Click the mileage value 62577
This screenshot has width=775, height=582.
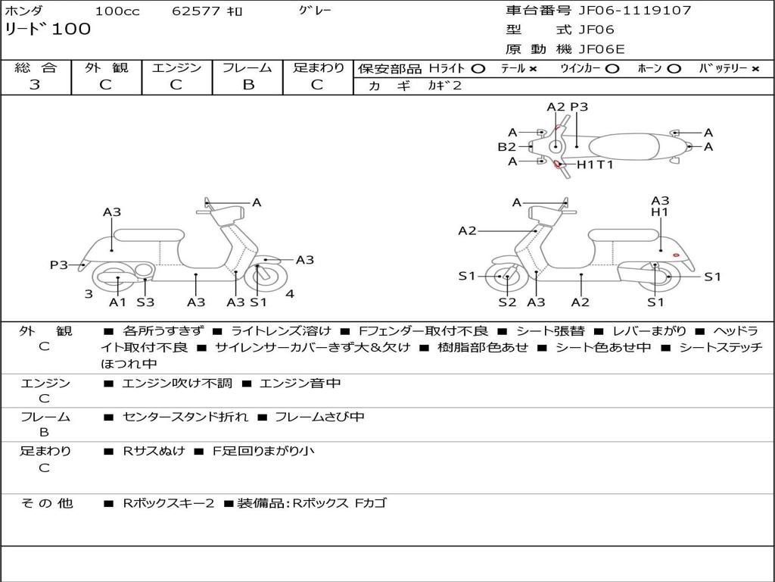[196, 11]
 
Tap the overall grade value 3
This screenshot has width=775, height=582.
[35, 85]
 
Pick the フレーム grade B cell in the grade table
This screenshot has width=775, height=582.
[247, 85]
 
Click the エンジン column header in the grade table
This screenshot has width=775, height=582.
[176, 67]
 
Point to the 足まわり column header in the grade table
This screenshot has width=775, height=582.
[318, 67]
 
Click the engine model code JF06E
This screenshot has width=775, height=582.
[602, 50]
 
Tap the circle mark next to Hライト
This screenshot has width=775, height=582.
[478, 68]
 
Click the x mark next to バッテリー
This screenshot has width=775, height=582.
[755, 68]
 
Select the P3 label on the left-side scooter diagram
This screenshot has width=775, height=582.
[59, 264]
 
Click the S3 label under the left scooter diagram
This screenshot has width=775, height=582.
[145, 302]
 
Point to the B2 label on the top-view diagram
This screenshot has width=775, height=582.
[506, 147]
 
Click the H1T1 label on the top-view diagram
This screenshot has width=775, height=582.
[595, 164]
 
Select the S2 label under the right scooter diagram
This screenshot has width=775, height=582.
[506, 302]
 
